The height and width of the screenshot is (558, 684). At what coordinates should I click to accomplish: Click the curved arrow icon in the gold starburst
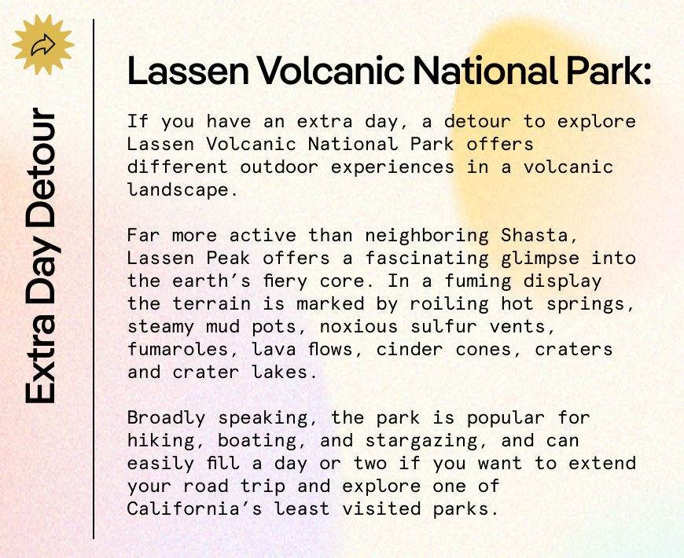pos(42,46)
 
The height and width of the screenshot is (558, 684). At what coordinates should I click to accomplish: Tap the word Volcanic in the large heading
pos(330,71)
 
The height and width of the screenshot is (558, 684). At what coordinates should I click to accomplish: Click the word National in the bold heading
pos(484,71)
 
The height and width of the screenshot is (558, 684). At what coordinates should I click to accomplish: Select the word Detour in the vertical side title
pos(40,167)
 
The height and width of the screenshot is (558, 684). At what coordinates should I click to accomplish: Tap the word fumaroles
pos(177,350)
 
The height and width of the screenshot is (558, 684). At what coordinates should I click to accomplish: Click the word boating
pos(257,441)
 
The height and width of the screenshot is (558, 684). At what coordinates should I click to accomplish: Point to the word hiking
pos(160,441)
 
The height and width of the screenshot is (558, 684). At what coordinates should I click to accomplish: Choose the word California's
pos(194,509)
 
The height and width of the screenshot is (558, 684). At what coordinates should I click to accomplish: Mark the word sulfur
pos(443,326)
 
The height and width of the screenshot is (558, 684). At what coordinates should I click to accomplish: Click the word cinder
pos(410,350)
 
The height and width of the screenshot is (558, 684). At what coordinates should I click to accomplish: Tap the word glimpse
pos(540,259)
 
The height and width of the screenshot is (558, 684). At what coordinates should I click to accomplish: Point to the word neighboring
pos(427,237)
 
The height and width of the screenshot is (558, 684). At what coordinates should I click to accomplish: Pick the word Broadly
pos(166,418)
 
